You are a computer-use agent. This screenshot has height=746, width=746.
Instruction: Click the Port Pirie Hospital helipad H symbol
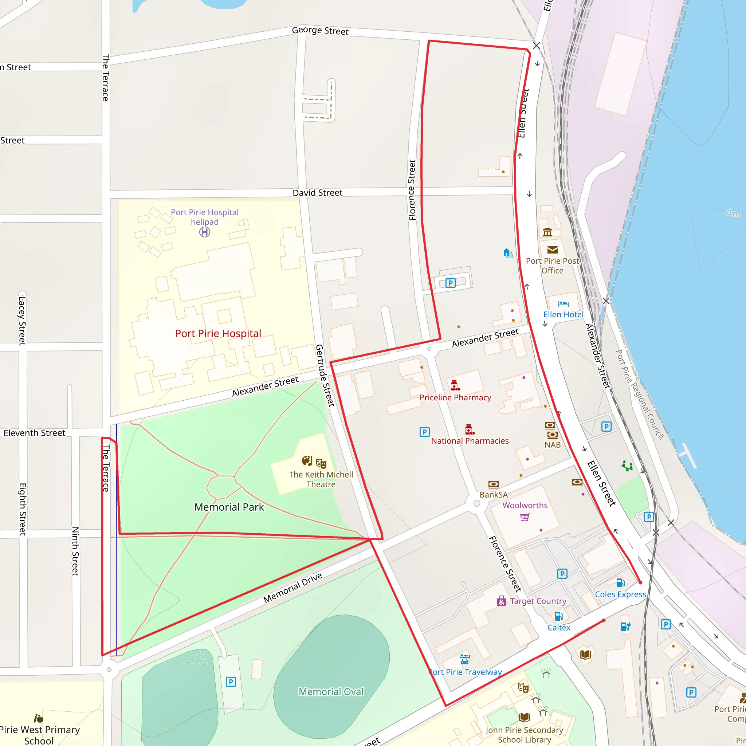point(205,232)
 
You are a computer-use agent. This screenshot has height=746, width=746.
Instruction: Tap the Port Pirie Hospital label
point(218,333)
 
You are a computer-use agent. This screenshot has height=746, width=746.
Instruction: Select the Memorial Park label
point(229,507)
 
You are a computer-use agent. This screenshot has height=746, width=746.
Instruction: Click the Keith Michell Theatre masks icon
point(321,463)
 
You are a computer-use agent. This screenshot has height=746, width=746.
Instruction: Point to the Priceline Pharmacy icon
point(455,385)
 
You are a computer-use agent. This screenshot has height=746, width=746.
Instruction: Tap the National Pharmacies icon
point(470,429)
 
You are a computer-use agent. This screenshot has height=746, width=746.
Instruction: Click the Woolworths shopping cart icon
point(525,517)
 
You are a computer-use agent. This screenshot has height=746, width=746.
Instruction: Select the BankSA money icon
point(494,484)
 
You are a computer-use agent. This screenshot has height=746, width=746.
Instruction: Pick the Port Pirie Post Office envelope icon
point(553,250)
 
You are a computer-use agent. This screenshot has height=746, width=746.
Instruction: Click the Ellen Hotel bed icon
point(564,304)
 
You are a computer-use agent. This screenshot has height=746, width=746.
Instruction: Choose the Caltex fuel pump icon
point(559,616)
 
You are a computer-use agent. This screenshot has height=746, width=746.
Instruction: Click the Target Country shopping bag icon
point(502,601)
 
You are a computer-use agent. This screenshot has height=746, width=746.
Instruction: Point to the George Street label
point(320,31)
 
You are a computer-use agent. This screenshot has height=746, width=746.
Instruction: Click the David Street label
point(317,193)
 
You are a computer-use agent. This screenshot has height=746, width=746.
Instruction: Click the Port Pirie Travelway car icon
point(464,658)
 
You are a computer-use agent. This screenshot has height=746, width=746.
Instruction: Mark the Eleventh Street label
point(34,433)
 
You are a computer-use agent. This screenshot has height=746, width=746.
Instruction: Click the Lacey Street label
point(22,321)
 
